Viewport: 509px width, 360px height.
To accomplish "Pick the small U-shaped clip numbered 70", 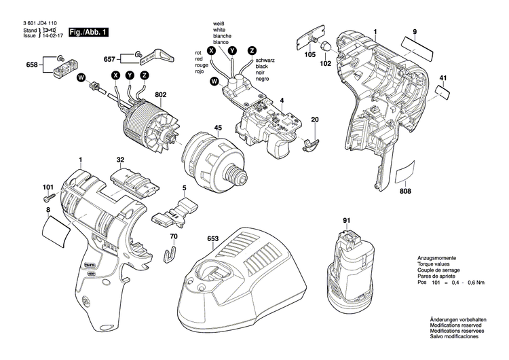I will (x=172, y=255).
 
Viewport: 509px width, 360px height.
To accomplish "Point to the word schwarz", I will (x=267, y=60).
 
